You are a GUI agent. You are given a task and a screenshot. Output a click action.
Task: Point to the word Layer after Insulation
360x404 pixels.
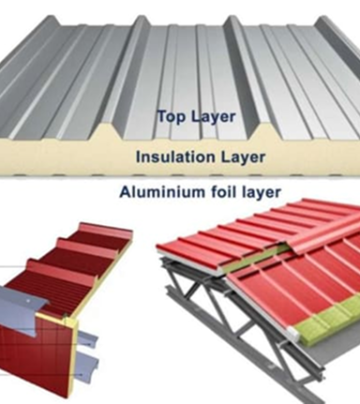click(x=243, y=157)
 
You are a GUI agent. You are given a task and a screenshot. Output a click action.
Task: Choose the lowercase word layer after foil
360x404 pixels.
click(x=262, y=192)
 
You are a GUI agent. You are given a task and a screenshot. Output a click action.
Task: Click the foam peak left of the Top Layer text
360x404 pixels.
click(x=106, y=131)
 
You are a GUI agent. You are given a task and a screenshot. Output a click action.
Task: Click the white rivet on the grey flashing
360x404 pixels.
click(x=28, y=301)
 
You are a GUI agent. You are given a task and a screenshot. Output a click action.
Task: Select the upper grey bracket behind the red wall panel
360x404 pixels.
click(x=87, y=339)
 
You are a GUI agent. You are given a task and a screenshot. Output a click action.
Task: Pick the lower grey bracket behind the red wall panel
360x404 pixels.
click(x=88, y=367)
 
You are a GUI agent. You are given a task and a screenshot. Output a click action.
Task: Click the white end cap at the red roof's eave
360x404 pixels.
click(x=294, y=333)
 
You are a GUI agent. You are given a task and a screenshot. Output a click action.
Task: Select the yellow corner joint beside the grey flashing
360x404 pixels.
click(x=71, y=325)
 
